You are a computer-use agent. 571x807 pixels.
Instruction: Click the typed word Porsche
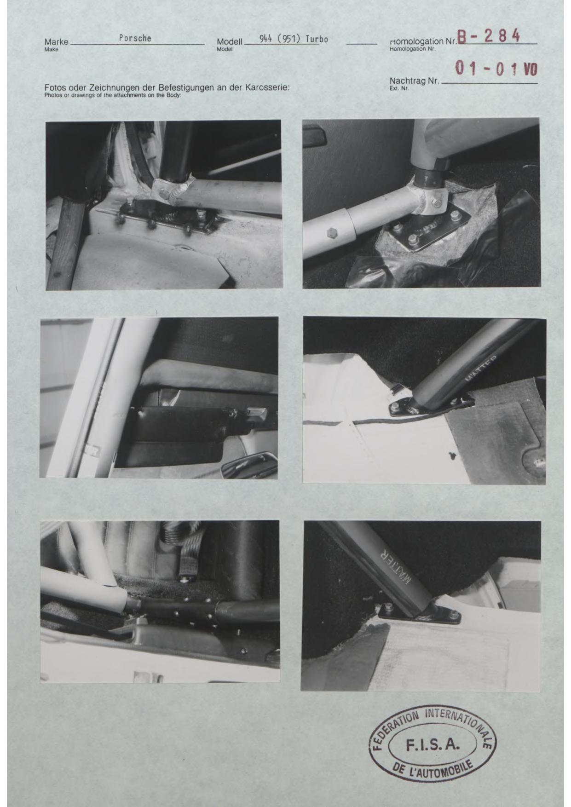[135, 38]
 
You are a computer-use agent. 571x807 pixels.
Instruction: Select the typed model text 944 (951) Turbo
[294, 39]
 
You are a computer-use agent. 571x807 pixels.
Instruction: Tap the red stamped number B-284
[489, 35]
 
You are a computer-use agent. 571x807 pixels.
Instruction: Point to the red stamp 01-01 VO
[496, 69]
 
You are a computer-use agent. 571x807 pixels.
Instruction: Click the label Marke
[56, 42]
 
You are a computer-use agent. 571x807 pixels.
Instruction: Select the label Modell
[229, 42]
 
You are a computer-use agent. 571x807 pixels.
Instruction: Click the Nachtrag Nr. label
[414, 81]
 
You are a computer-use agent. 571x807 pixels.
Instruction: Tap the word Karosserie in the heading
[267, 87]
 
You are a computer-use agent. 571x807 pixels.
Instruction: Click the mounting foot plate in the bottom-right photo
[420, 614]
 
